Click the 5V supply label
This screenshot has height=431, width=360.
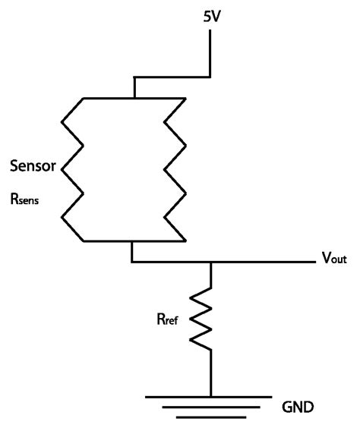click(211, 15)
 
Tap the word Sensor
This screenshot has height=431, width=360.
click(32, 165)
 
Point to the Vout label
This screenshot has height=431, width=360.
click(332, 259)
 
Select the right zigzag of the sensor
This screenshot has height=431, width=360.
click(174, 169)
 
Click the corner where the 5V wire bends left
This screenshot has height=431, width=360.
click(210, 76)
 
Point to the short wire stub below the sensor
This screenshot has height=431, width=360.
click(133, 252)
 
